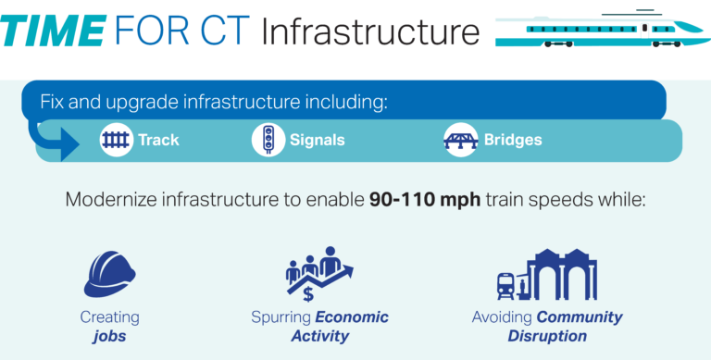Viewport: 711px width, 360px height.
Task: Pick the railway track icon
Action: (x=116, y=141)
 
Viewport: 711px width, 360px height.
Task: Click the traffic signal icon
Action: (x=268, y=141)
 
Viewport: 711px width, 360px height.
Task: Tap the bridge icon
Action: (x=460, y=141)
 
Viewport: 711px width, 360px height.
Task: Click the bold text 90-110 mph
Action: (x=419, y=200)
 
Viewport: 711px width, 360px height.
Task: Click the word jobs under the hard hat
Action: (x=109, y=336)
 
